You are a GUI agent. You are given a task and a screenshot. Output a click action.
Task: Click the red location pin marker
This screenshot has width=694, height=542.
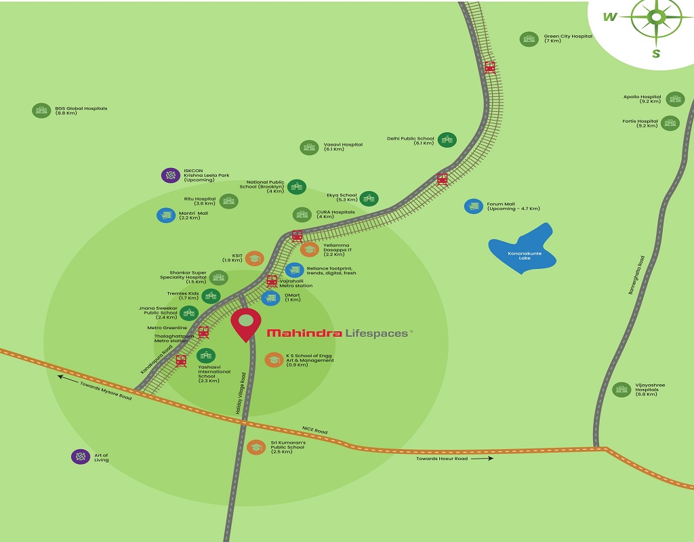[x=246, y=323]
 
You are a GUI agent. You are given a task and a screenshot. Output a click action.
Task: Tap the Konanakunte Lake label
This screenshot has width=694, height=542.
[x=522, y=256]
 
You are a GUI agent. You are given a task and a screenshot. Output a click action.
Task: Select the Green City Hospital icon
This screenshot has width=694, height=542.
[x=529, y=39]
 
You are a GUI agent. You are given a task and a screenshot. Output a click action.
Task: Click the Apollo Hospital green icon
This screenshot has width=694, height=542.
[x=674, y=99]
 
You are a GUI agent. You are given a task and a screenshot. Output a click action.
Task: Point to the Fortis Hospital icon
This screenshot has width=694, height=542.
[x=670, y=123]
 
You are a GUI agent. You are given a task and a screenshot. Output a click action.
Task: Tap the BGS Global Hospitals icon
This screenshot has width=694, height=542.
[x=41, y=110]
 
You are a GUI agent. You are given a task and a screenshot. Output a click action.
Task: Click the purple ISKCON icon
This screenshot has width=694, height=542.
[x=169, y=175]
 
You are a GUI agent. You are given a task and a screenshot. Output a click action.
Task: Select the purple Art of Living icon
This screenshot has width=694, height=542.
[x=81, y=457]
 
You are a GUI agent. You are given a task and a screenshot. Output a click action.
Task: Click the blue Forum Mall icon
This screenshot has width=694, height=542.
[x=473, y=207]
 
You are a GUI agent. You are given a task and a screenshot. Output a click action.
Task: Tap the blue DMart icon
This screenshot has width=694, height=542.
[x=270, y=297]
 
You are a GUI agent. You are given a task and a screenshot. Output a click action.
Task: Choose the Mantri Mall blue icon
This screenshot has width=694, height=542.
[x=165, y=215]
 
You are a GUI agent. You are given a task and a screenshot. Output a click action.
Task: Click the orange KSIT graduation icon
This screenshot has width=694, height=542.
[x=254, y=257]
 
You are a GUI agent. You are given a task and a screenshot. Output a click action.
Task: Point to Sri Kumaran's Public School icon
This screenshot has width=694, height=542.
[x=256, y=447]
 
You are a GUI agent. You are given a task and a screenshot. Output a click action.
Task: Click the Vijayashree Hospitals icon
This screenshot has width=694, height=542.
[x=621, y=390]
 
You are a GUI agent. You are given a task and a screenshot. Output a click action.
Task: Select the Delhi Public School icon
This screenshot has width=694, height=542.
[x=447, y=140]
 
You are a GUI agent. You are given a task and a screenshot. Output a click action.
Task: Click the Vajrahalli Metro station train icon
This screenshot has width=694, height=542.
[x=272, y=280]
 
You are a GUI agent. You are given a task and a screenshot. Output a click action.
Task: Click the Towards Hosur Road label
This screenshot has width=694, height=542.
[x=443, y=459]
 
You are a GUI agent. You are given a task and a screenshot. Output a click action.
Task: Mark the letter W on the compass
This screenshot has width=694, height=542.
[x=610, y=18]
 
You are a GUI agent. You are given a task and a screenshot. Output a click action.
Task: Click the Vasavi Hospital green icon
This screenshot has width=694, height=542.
[x=309, y=147]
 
